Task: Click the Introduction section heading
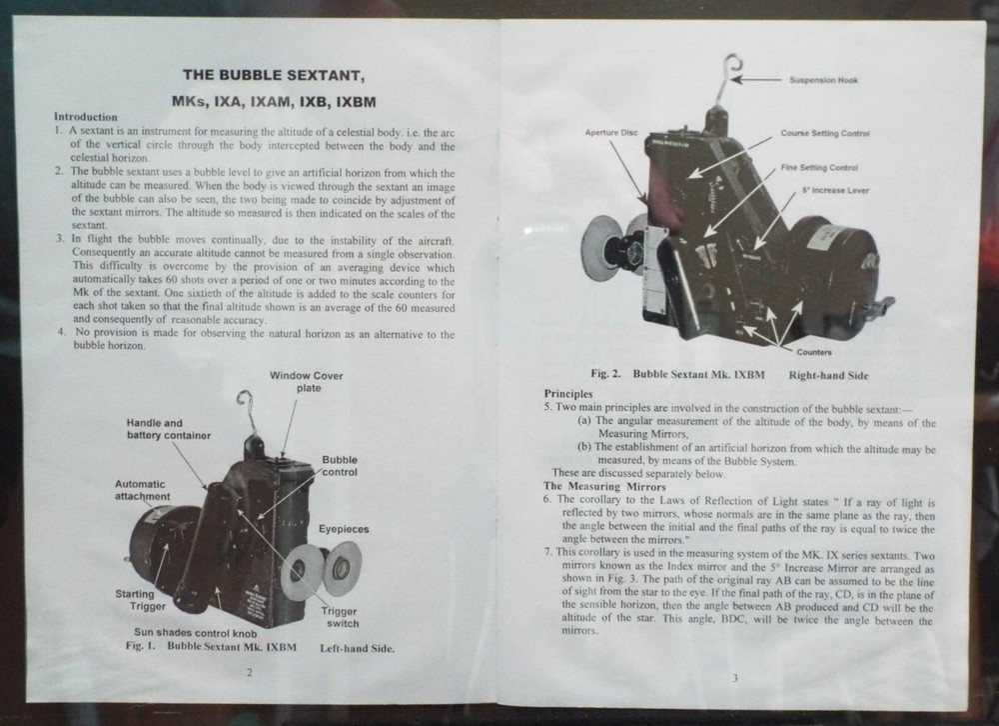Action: [85, 117]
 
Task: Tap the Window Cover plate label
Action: [307, 381]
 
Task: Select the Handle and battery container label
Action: [168, 429]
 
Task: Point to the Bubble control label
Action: [340, 465]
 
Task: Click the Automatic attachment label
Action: [142, 490]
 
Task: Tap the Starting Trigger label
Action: [135, 600]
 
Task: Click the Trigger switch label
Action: [342, 617]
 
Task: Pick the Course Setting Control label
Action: [824, 133]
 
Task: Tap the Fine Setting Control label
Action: [818, 168]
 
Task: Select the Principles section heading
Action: [568, 394]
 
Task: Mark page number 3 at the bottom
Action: [734, 679]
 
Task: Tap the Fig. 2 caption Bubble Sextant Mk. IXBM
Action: [689, 375]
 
